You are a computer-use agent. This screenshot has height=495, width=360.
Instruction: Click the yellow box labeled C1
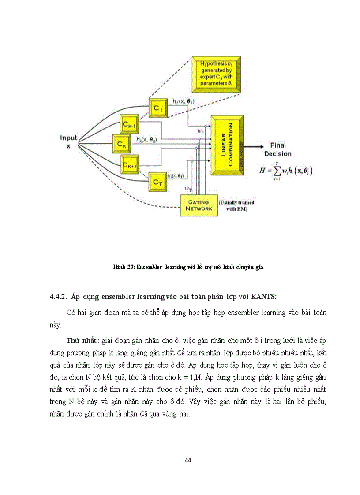click(x=158, y=108)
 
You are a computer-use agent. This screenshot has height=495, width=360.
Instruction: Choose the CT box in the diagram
click(x=158, y=180)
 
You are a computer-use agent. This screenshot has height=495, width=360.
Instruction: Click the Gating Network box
click(x=199, y=205)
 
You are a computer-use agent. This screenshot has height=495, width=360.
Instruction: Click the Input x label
click(x=68, y=142)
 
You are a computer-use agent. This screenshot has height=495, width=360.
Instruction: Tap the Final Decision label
click(x=278, y=149)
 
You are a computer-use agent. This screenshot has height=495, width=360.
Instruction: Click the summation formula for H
click(x=289, y=169)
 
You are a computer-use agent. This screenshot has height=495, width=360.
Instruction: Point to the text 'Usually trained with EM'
click(x=237, y=205)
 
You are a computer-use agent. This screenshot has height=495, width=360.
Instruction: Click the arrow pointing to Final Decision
click(x=254, y=146)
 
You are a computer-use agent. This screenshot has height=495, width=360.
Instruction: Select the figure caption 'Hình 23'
click(x=187, y=267)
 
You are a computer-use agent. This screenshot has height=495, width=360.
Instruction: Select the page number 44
click(x=187, y=460)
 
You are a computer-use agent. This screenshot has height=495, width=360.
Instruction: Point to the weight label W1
click(x=200, y=131)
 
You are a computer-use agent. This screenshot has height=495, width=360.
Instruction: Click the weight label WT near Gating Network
click(x=188, y=189)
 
